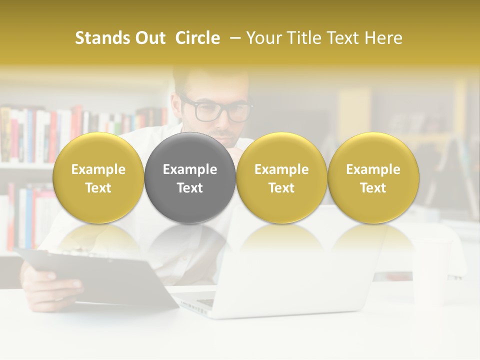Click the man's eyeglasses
coord(216,110)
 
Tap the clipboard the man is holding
coord(100,275)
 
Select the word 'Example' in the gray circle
coord(190,169)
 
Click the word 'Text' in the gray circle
coord(190,188)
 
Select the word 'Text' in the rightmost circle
coord(373,188)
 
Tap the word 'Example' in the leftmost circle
coord(98,169)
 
